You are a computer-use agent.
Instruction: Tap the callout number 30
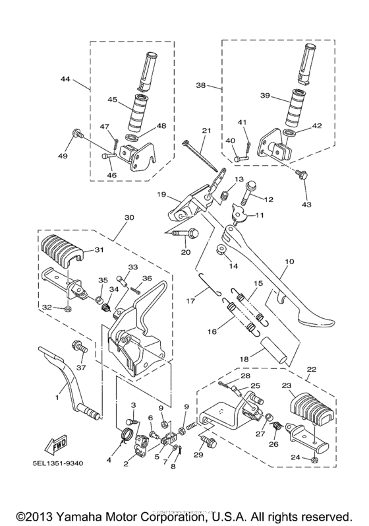click(x=128, y=217)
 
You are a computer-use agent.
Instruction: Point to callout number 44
click(x=65, y=79)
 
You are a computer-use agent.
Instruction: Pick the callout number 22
click(x=310, y=369)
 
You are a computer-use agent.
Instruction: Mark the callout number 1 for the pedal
click(x=57, y=398)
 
